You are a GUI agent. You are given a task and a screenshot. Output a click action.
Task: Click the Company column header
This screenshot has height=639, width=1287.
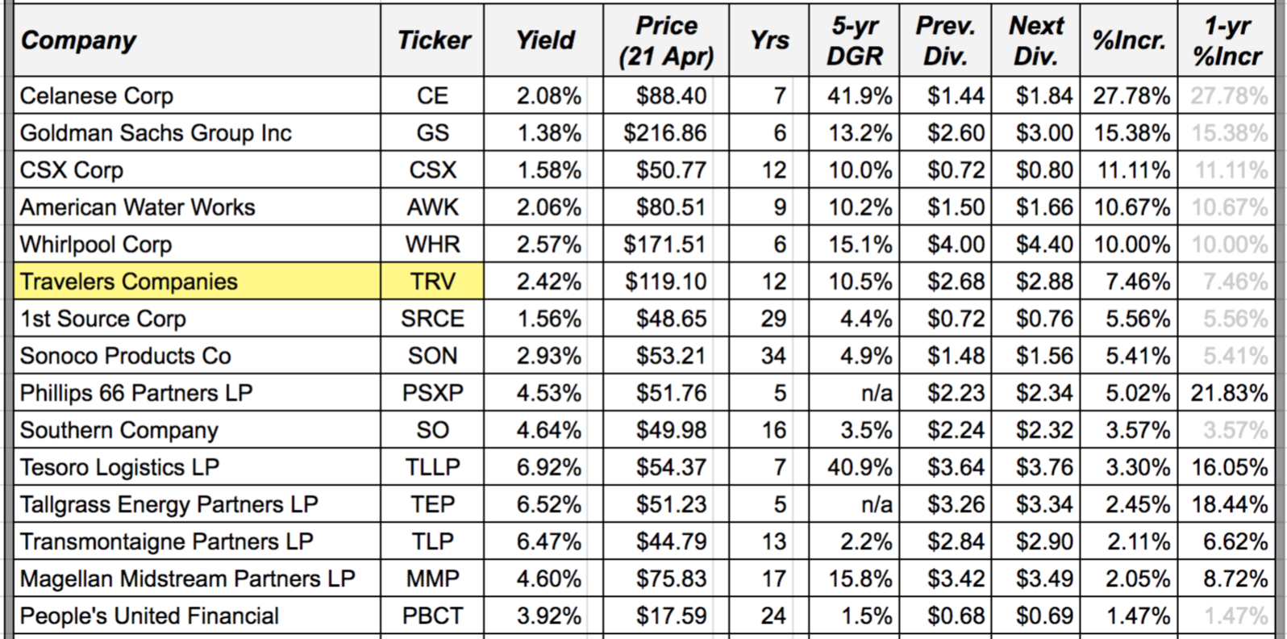[x=78, y=40]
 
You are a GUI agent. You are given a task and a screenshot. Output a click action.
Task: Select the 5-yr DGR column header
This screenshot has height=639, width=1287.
[x=855, y=40]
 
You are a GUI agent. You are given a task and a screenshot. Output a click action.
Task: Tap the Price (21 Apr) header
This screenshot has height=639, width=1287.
[x=666, y=40]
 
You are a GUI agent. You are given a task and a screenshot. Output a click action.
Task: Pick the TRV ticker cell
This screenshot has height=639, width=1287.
[x=432, y=282]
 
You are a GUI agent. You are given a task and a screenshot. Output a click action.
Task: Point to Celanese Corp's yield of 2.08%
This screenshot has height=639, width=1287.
[x=548, y=96]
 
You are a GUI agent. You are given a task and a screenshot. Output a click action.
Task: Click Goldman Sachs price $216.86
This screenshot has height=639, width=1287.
[x=665, y=133]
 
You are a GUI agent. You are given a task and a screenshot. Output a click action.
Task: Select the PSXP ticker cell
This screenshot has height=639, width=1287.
[x=432, y=393]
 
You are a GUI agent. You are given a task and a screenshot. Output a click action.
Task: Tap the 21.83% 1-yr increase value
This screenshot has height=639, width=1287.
[x=1229, y=393]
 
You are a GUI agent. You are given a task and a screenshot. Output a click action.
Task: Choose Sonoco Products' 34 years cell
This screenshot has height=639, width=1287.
[x=773, y=356]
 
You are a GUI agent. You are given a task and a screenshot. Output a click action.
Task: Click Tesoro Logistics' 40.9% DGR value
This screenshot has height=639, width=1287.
[x=860, y=467]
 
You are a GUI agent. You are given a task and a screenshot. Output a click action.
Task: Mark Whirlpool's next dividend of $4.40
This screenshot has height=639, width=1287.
[x=1043, y=244]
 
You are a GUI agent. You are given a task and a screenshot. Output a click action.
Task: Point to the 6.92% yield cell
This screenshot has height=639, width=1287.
[x=548, y=467]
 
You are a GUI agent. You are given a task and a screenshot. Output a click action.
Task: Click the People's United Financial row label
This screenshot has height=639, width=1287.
[x=149, y=616]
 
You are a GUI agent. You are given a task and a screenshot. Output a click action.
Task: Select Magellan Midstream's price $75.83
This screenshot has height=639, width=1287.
[x=671, y=578]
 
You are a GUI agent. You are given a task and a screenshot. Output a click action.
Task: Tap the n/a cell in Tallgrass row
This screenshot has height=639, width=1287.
[x=876, y=504]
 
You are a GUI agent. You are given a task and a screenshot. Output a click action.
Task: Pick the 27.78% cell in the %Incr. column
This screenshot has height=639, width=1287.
[x=1131, y=96]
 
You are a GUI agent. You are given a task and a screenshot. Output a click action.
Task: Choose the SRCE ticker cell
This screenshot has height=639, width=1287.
[x=432, y=319]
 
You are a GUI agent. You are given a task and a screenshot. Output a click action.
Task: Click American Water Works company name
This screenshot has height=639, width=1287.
[x=137, y=207]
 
